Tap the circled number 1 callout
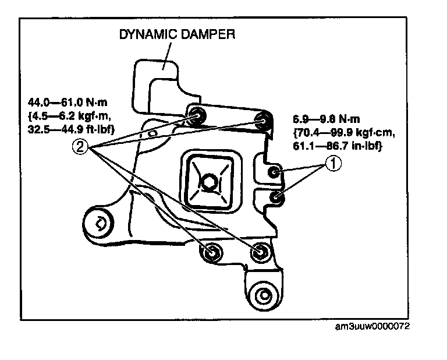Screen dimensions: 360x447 331,165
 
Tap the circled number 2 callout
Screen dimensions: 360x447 81,147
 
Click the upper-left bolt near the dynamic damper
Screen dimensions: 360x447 196,116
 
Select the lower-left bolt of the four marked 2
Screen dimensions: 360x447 210,252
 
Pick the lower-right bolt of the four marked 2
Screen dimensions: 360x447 258,252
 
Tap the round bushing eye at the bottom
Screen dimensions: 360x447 265,295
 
